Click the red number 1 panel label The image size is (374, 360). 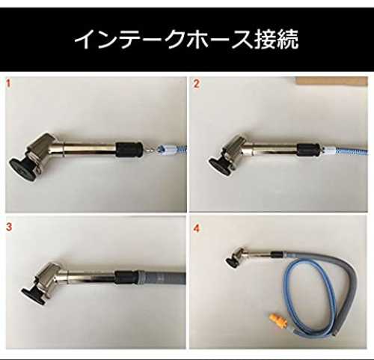pos(8,83)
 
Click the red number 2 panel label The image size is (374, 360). pos(197,84)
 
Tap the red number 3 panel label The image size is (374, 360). pos(9,227)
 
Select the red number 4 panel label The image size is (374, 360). pos(197,228)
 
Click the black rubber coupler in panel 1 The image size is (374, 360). pos(129,150)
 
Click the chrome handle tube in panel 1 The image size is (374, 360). pos(89,149)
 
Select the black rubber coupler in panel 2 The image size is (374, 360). pos(308,150)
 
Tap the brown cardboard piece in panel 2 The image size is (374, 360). pos(331,81)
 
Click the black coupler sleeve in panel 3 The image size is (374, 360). pos(126,278)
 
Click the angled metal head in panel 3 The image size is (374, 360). pos(50,277)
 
